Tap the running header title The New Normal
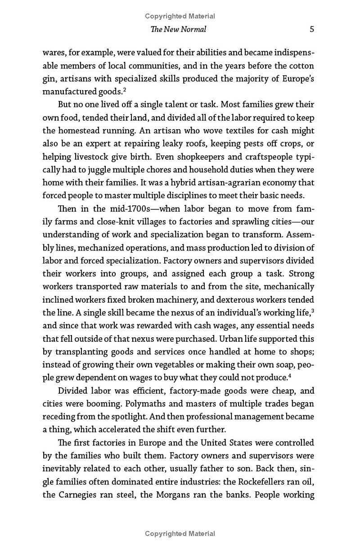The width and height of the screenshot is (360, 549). tap(179, 29)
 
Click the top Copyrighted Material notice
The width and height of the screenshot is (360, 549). tap(180, 16)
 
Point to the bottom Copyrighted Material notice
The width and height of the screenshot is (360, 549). tap(180, 534)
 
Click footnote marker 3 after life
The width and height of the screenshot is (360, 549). tap(312, 310)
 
